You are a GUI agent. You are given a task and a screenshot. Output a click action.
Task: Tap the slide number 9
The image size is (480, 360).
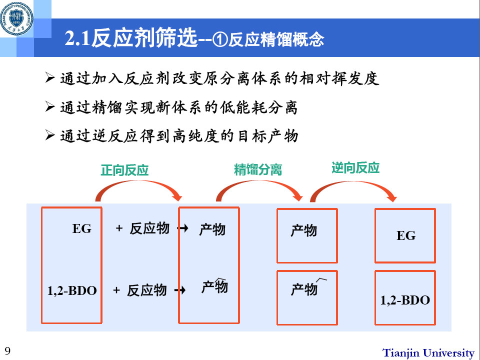coord(7,349)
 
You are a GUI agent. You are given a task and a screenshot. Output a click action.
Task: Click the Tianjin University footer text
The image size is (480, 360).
coord(428,352)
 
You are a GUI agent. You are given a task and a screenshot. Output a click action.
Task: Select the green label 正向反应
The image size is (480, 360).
coord(124,170)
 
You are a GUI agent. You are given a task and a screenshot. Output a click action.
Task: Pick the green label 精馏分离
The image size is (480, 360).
coord(257,169)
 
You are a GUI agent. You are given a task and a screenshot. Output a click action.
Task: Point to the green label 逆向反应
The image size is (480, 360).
coord(355,167)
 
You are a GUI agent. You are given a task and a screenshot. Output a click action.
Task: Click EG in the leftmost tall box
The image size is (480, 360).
coord(82,229)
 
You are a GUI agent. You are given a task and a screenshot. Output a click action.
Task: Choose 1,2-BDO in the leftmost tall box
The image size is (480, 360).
coord(72,290)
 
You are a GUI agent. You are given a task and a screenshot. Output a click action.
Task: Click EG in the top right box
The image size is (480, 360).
coord(405,235)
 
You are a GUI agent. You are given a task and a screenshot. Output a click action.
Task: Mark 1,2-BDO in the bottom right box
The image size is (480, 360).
coord(405,300)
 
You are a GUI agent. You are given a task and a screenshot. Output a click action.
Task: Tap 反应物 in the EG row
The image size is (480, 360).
coord(149,229)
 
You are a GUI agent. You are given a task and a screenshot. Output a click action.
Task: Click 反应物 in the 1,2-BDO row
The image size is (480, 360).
coord(146,290)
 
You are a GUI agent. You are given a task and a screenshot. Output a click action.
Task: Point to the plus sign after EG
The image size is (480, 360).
coord(119,228)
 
